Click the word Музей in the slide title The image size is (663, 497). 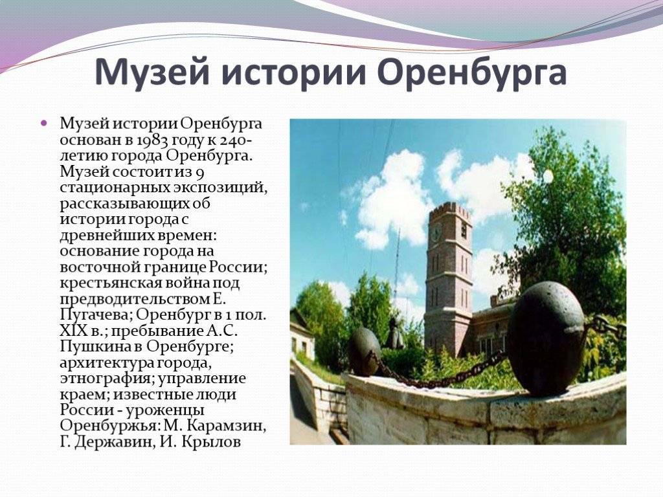152,72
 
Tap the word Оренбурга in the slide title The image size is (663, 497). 471,72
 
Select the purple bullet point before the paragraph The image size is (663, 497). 43,124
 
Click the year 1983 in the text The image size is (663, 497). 153,140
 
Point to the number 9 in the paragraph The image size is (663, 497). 200,172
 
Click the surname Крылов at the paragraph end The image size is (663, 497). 212,442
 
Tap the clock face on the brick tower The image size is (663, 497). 436,232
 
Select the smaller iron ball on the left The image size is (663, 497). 364,351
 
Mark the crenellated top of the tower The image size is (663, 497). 449,211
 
